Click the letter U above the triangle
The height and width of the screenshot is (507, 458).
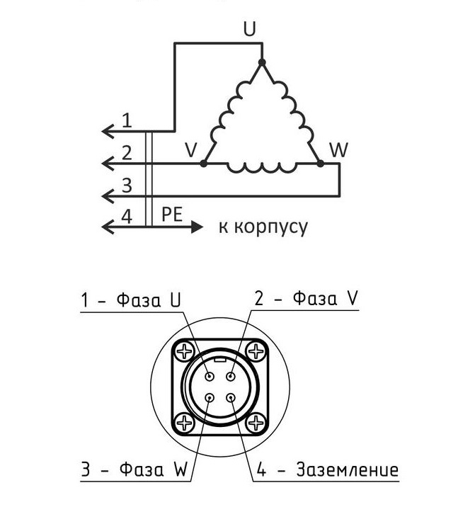coord(249,29)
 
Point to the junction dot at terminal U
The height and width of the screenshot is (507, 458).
coord(261,62)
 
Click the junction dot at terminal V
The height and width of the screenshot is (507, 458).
coord(204,164)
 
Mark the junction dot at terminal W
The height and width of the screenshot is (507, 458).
coord(320,164)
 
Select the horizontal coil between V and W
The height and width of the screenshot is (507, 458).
coord(262,167)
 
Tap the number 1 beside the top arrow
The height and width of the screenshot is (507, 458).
coord(127,120)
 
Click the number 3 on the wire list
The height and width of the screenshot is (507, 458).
coord(127,186)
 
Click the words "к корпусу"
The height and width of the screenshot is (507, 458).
coord(263,227)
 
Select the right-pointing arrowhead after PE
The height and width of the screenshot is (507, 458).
coord(197,227)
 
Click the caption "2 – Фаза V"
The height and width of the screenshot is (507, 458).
coord(306,299)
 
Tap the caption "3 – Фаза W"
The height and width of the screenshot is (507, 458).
coord(132,470)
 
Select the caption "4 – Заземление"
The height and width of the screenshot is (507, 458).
coord(327,470)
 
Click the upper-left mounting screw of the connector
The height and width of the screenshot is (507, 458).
coord(185,351)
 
